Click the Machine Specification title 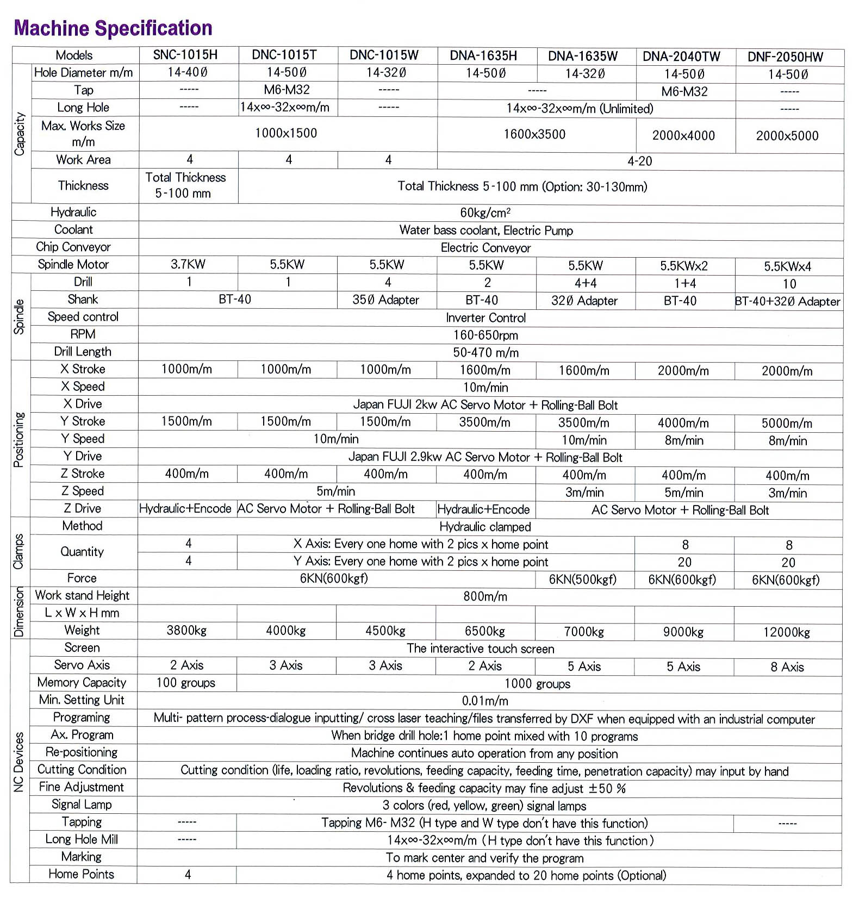(x=113, y=28)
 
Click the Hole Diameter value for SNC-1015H (x=188, y=72)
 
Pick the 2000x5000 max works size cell (x=787, y=136)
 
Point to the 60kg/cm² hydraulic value (x=485, y=213)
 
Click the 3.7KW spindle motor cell (x=188, y=265)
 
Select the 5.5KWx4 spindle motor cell (x=787, y=266)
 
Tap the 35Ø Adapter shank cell (x=385, y=300)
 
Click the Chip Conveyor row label (x=73, y=247)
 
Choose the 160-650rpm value (x=485, y=335)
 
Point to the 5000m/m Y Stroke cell (x=787, y=423)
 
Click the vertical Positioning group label (x=19, y=439)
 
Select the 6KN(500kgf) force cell (x=582, y=580)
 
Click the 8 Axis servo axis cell (x=787, y=667)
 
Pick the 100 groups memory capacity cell (x=186, y=683)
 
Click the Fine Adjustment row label (x=82, y=787)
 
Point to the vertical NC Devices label (x=19, y=762)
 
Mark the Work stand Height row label (x=82, y=596)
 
